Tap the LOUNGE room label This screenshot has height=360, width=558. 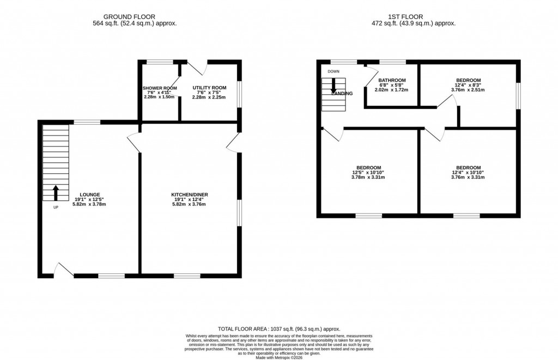(x=89, y=194)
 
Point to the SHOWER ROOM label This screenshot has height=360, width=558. (x=160, y=88)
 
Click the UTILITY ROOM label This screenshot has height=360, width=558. (x=209, y=88)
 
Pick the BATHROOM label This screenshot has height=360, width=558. (x=392, y=80)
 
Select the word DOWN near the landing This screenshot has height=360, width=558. (x=333, y=71)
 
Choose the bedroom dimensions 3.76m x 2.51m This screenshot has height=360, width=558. (x=468, y=90)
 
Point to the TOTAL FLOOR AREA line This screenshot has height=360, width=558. (x=278, y=329)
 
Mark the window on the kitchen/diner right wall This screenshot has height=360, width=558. (x=239, y=212)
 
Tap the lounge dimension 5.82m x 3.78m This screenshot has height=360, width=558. (x=89, y=204)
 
